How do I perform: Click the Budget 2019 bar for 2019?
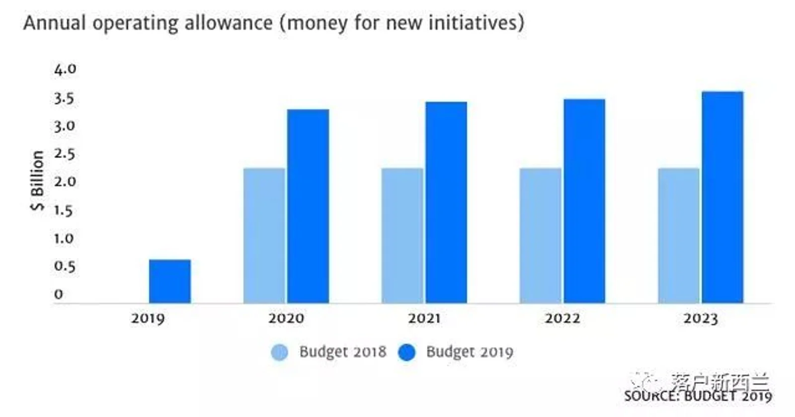[169, 281]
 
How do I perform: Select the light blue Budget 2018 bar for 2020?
[264, 235]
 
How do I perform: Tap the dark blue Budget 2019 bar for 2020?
[308, 206]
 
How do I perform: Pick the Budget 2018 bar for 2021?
[402, 235]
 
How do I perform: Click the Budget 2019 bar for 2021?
[446, 202]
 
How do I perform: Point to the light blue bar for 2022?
[540, 235]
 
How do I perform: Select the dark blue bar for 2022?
[584, 201]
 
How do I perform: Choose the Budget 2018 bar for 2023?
[678, 235]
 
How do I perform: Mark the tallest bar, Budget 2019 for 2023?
[722, 197]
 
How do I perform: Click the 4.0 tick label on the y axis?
[65, 69]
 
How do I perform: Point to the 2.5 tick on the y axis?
[65, 154]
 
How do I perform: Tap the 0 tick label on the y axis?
[59, 294]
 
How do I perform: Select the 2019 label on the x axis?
[148, 319]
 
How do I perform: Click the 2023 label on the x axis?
[700, 319]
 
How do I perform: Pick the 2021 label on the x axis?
[424, 319]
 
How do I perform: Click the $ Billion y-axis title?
[37, 181]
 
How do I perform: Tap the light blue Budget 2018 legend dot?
[279, 352]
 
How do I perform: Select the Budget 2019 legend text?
[470, 352]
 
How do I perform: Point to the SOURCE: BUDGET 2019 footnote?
[698, 396]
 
